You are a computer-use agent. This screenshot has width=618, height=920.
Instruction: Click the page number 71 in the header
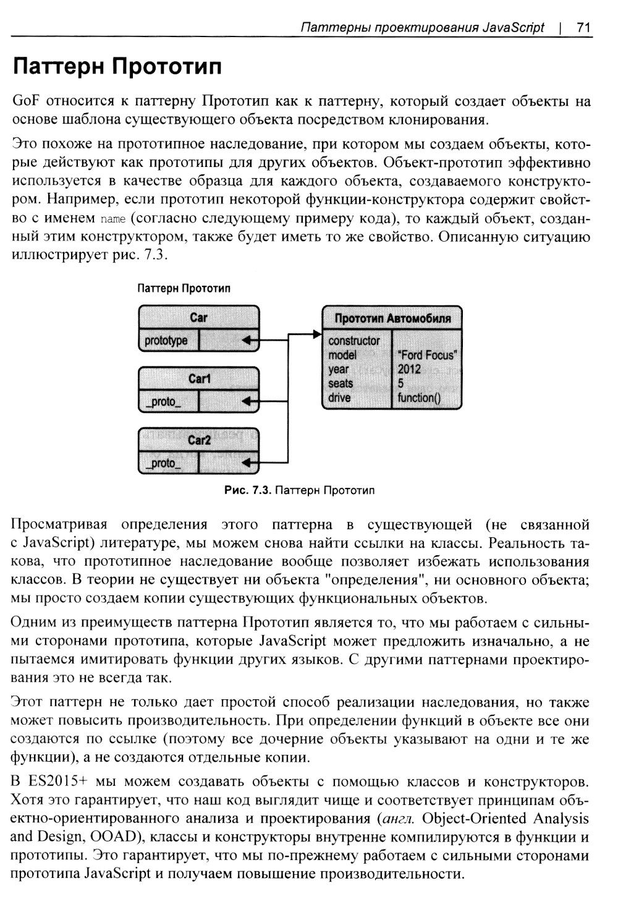(x=583, y=28)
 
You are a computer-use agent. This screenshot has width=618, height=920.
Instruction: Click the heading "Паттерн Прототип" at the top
(x=117, y=66)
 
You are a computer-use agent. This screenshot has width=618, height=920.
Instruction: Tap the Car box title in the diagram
(x=198, y=318)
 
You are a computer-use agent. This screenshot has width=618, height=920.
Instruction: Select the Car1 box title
(x=199, y=378)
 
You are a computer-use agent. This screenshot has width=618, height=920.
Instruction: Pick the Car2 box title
(x=199, y=440)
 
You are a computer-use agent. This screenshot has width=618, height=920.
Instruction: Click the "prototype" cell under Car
(x=166, y=341)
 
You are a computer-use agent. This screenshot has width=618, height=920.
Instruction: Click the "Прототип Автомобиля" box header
(x=392, y=318)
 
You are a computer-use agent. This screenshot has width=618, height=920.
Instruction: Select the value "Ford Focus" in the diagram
(x=427, y=355)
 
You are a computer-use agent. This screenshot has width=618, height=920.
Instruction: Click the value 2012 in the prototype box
(x=409, y=369)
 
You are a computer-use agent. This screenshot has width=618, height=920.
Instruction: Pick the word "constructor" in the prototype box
(x=354, y=341)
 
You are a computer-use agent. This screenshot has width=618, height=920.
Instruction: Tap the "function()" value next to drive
(x=419, y=398)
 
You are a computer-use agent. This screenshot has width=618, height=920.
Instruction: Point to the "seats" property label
(x=341, y=383)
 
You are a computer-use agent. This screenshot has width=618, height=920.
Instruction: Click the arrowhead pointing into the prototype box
(x=318, y=334)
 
